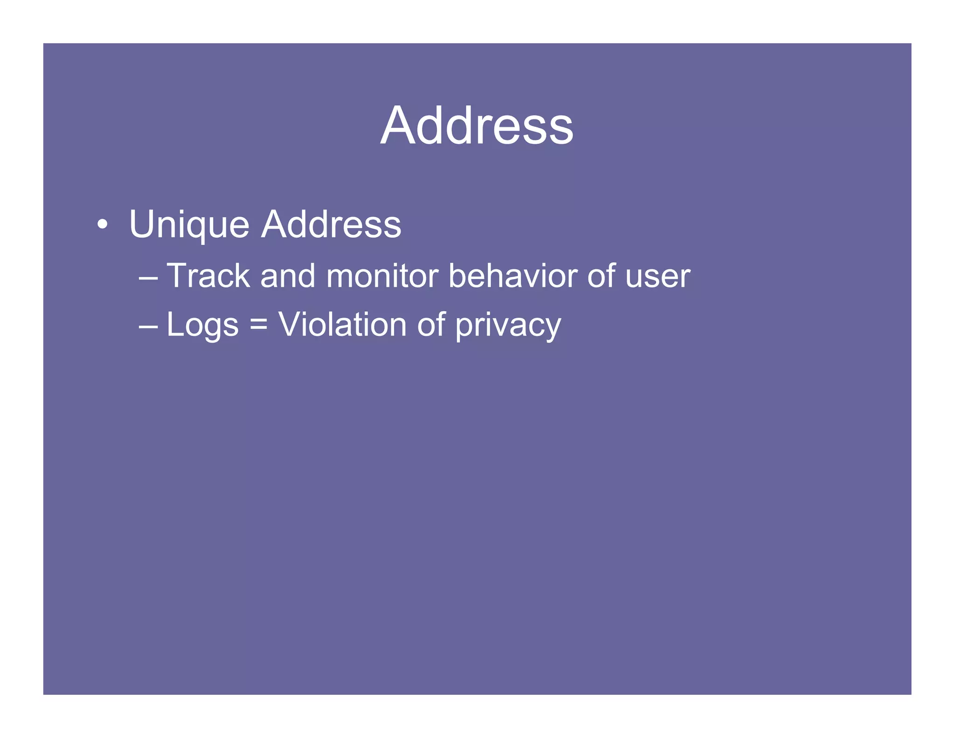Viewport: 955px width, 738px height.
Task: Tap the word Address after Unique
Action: (x=331, y=224)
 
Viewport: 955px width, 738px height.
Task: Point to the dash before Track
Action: (x=148, y=277)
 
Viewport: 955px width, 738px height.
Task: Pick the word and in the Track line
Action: (x=288, y=276)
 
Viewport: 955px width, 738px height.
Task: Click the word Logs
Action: (x=202, y=325)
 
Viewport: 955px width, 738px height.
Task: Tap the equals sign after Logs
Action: (x=258, y=324)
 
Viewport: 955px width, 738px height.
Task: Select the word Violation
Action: (x=342, y=324)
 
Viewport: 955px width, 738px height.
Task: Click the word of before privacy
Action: (x=431, y=324)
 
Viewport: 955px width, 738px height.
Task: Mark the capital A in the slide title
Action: (x=397, y=126)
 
